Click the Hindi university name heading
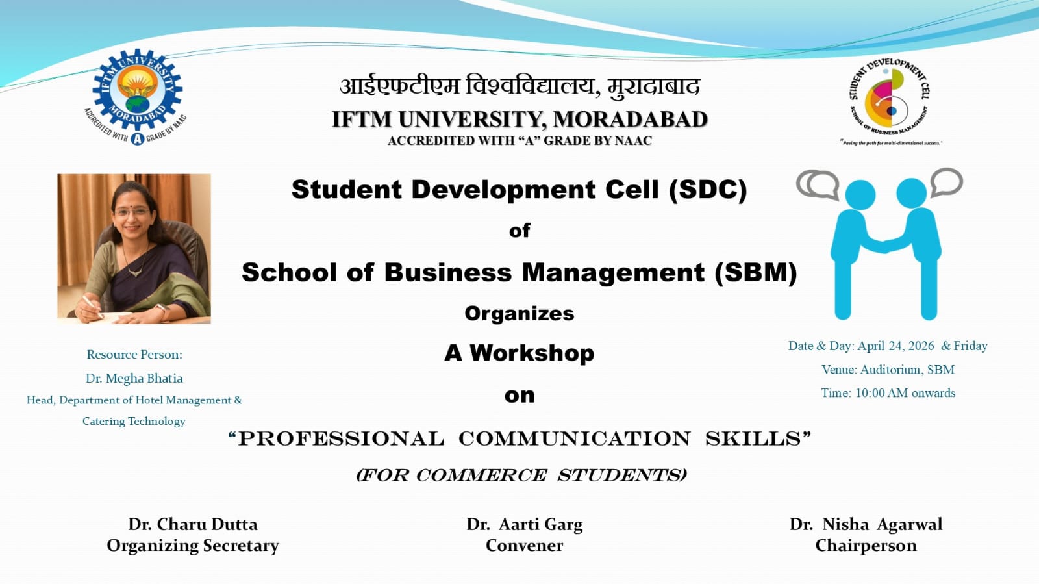(519, 86)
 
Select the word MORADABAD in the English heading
(630, 120)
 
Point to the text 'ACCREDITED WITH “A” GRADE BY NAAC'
(519, 140)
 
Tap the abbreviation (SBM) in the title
(755, 272)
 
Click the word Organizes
(519, 313)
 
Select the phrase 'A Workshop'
(519, 353)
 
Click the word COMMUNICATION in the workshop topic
(574, 438)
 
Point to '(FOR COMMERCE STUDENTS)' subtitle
(521, 475)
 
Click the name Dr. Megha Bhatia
(134, 378)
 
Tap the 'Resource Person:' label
(134, 354)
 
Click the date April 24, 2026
(895, 346)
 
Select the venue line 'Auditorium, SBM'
(907, 370)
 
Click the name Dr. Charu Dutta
(193, 524)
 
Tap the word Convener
(524, 546)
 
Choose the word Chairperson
(866, 546)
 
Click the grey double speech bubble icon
(818, 184)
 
